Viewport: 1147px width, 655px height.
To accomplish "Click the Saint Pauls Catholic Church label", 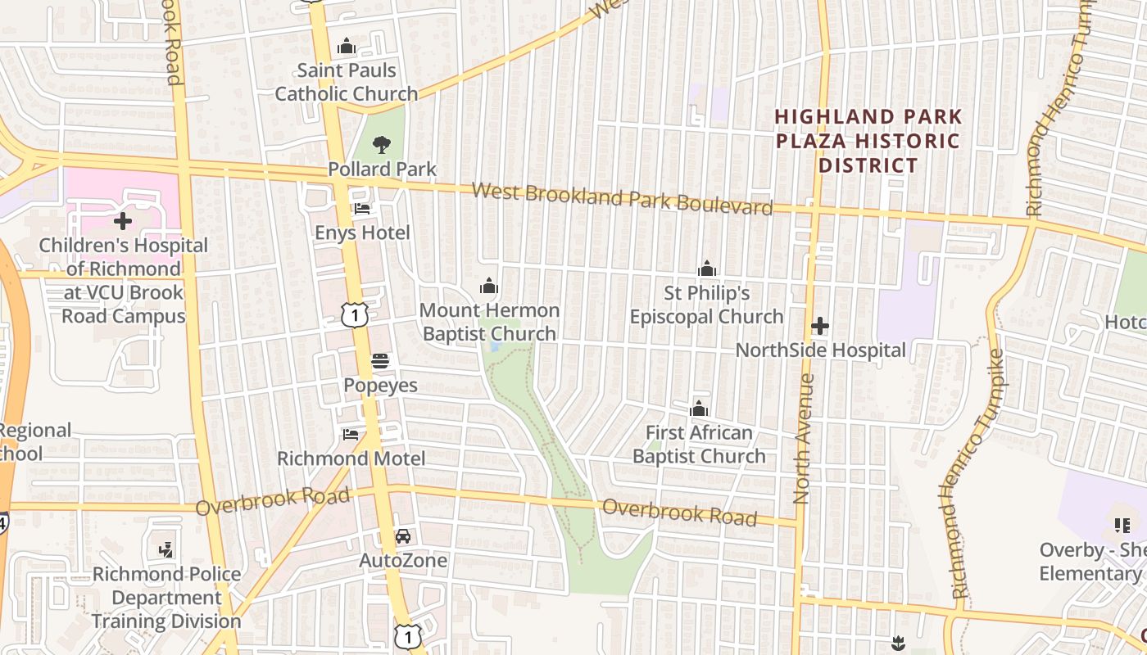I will click(346, 83).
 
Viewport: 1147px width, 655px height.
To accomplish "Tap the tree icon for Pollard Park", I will click(381, 145).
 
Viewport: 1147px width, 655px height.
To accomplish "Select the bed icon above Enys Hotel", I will click(361, 209).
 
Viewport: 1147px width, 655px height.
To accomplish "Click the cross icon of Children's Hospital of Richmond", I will click(123, 221).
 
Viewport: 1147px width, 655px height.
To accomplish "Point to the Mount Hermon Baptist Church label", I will click(489, 322).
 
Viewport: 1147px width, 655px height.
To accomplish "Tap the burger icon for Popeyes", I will click(380, 360).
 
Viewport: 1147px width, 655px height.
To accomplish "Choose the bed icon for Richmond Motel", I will click(351, 434).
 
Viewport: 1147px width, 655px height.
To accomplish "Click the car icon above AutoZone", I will click(402, 536).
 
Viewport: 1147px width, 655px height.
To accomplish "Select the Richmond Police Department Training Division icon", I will click(166, 549).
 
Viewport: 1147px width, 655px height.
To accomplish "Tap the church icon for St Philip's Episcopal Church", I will click(706, 269).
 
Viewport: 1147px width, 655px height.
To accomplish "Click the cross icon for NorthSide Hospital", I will click(819, 326).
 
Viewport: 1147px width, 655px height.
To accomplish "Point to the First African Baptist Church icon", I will click(699, 409).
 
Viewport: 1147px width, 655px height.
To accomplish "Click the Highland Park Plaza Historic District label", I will click(868, 141).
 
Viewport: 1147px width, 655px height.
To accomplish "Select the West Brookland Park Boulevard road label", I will click(622, 199).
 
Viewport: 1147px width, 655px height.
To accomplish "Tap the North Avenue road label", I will click(804, 438).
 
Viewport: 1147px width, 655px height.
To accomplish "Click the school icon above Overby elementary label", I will click(1122, 525).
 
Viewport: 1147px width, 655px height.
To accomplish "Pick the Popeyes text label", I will click(380, 385).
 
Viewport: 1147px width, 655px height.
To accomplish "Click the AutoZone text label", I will click(403, 561).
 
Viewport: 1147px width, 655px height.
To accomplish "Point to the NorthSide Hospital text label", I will click(820, 350).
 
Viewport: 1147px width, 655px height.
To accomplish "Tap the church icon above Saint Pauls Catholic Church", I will click(347, 46).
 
